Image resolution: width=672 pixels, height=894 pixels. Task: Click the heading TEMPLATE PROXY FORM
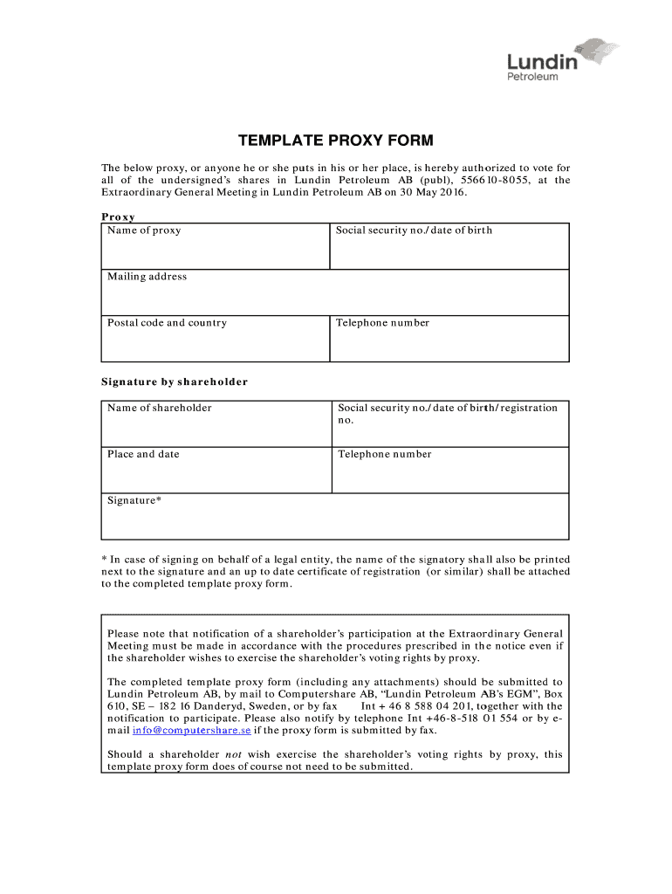tap(336, 141)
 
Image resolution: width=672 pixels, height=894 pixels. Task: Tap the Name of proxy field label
tap(144, 230)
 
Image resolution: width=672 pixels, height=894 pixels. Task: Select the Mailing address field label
tap(147, 277)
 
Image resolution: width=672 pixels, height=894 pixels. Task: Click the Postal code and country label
tap(167, 323)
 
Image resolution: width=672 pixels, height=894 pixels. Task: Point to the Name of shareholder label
tap(159, 408)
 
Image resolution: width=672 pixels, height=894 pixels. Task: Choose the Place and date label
tap(143, 454)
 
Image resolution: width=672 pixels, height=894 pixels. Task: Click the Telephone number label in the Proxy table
tap(383, 323)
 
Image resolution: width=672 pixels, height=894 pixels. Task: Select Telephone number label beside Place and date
tap(385, 454)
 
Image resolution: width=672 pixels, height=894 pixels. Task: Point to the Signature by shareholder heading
tap(175, 382)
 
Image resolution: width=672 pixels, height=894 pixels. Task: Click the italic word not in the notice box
tap(234, 754)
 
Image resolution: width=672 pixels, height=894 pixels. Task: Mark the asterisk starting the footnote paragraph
tap(104, 560)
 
